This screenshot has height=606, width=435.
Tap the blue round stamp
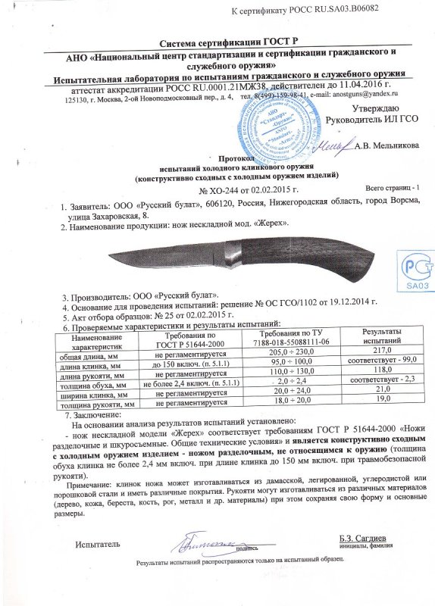[277, 123]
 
